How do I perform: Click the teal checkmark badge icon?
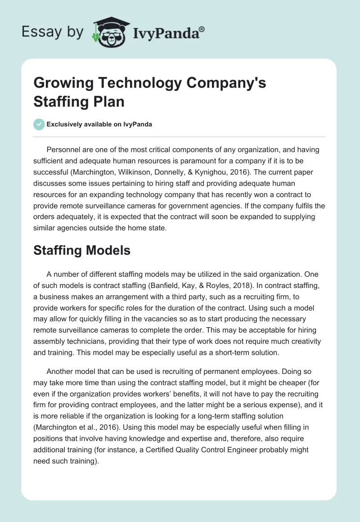tap(39, 124)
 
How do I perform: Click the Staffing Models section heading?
tap(82, 250)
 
